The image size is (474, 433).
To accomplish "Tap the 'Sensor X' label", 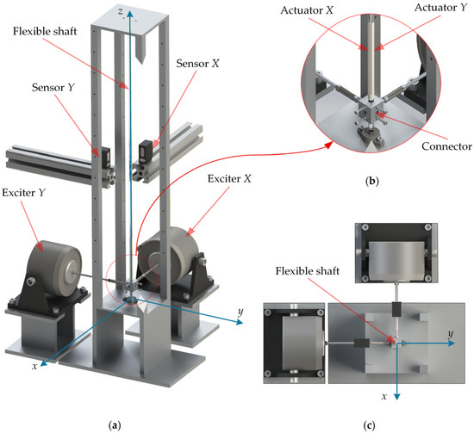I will click(x=198, y=64).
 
